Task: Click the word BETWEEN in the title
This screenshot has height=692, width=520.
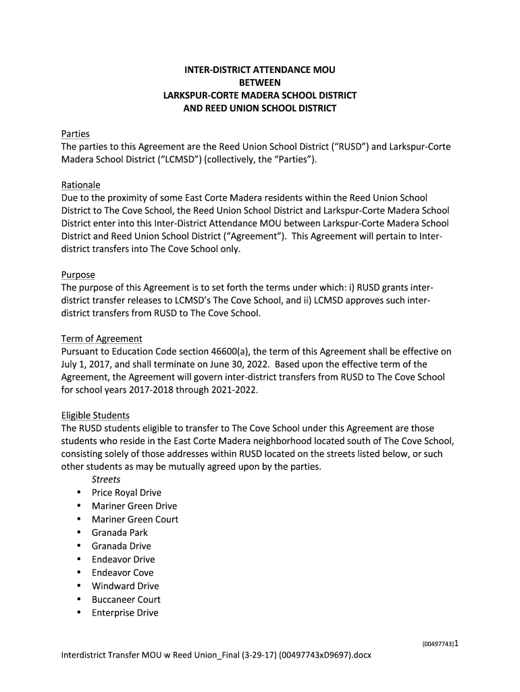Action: tap(260, 82)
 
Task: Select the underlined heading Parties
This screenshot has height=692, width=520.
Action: tap(75, 134)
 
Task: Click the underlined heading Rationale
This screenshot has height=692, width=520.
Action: tap(80, 184)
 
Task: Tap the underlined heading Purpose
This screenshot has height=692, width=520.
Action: tap(78, 275)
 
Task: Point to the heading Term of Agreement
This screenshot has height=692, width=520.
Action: tap(101, 339)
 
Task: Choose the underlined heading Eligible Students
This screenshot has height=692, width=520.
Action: tap(95, 415)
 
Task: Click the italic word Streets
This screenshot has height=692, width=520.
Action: tap(106, 479)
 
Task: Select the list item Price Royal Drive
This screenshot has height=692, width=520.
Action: tap(126, 493)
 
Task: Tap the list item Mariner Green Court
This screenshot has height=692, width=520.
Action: tap(135, 519)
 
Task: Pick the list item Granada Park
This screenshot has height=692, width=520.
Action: tap(120, 533)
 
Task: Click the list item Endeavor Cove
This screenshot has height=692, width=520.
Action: tap(123, 572)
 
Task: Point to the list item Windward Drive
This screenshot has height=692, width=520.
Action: tap(125, 586)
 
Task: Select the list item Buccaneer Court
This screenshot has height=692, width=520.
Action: tap(126, 599)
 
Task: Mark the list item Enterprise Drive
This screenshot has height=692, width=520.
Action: tap(125, 613)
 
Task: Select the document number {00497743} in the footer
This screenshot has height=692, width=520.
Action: tap(434, 645)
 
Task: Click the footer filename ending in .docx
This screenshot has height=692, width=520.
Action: tap(216, 656)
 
